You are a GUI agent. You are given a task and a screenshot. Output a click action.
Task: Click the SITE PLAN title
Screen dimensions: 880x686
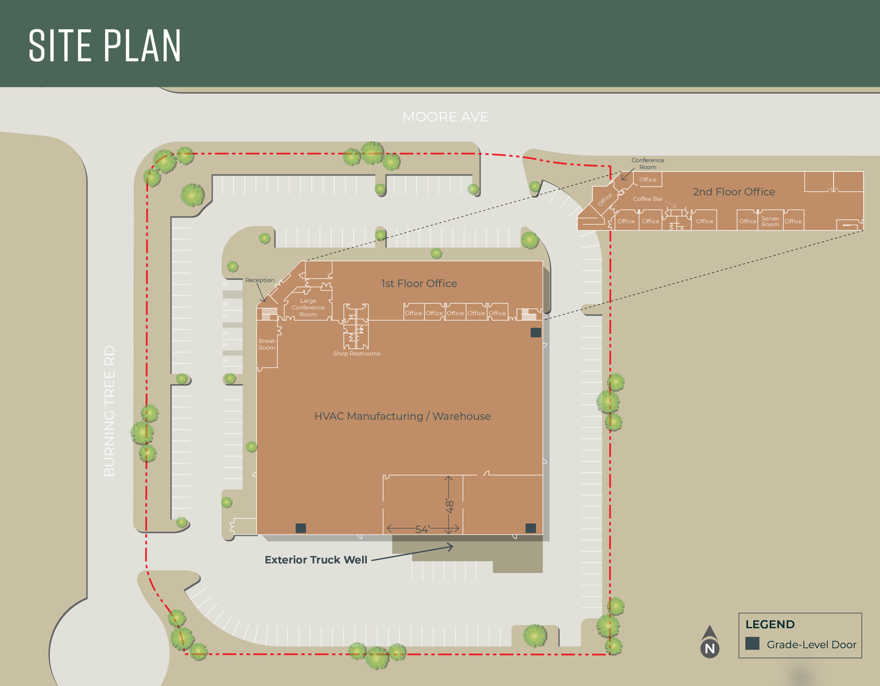[x=105, y=46]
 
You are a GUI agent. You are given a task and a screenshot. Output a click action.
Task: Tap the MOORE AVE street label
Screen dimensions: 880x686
[x=445, y=117]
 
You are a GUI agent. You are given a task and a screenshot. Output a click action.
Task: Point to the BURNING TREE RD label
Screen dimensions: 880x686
[x=110, y=410]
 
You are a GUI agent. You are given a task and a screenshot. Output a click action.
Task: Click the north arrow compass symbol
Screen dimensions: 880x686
[x=710, y=642]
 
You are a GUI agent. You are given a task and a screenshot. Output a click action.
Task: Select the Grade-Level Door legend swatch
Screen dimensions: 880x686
[x=752, y=644]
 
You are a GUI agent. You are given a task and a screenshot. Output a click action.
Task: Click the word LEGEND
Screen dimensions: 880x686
[x=770, y=624]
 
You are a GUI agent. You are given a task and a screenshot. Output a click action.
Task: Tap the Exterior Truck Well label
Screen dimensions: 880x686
[x=316, y=560]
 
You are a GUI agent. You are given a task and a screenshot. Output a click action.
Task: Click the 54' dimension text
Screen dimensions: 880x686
[x=423, y=529]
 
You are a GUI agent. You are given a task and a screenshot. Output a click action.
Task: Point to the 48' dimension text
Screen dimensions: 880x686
[x=450, y=506]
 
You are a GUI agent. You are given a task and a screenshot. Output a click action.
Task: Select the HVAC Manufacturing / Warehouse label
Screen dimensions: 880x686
[x=403, y=416]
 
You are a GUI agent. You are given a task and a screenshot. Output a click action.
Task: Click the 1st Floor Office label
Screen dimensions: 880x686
[x=419, y=284]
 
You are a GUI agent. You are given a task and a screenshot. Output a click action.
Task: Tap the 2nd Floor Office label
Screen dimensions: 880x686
[x=734, y=192]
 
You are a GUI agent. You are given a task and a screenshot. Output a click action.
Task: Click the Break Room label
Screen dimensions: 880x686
[x=267, y=344]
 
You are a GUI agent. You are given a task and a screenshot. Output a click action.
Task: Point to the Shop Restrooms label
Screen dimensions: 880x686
[x=357, y=354]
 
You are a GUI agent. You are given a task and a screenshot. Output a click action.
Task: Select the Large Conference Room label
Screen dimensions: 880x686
[x=308, y=308]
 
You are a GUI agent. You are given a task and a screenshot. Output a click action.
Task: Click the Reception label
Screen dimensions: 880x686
[x=260, y=280]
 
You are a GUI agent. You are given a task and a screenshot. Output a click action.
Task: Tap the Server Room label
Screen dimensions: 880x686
[x=770, y=221]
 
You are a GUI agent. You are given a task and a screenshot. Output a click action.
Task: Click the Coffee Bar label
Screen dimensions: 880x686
[x=648, y=199]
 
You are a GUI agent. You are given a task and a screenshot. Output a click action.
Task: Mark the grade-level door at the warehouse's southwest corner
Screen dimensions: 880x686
[x=301, y=528]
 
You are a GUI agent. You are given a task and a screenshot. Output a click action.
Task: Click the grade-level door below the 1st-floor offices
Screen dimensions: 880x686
[x=536, y=332]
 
